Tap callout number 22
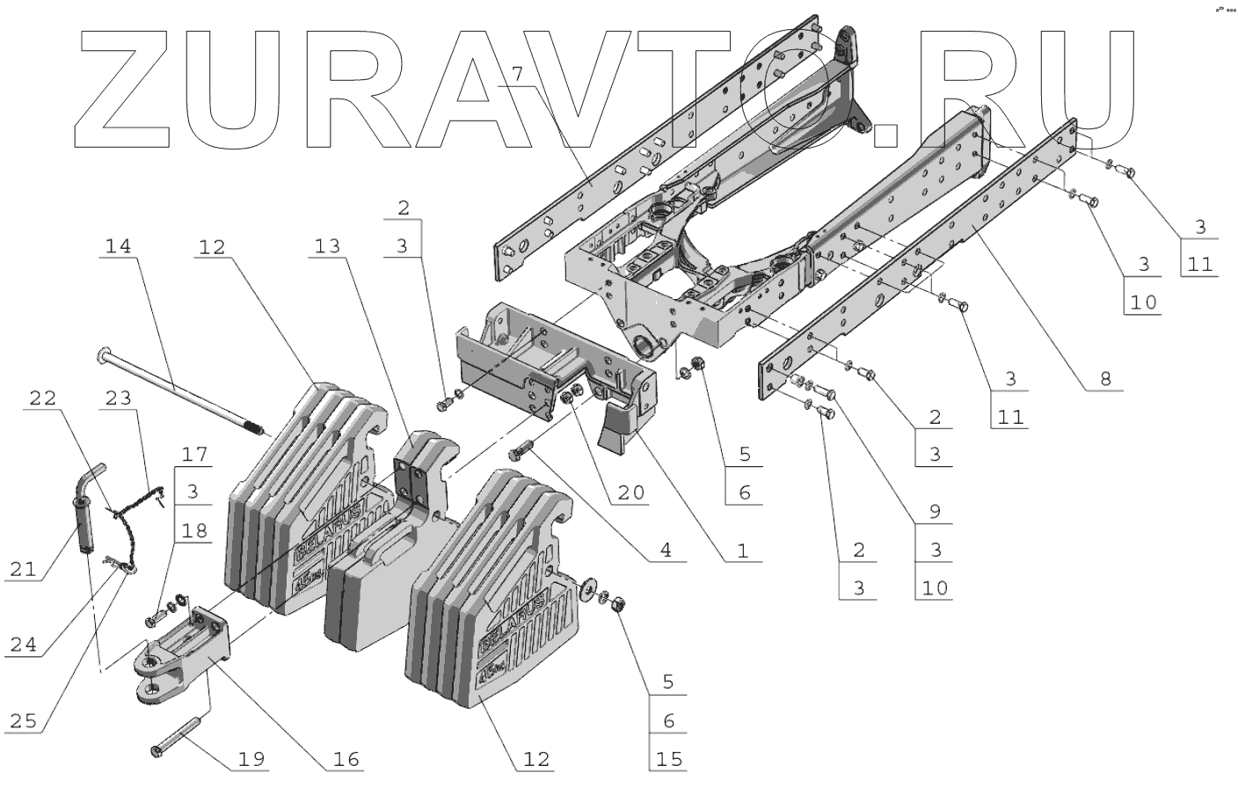click(42, 398)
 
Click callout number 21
click(24, 569)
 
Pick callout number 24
click(24, 645)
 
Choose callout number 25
click(24, 721)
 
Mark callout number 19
click(251, 758)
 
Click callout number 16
click(346, 758)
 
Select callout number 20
click(630, 492)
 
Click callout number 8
click(1105, 379)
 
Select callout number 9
click(935, 511)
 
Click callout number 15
click(669, 758)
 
